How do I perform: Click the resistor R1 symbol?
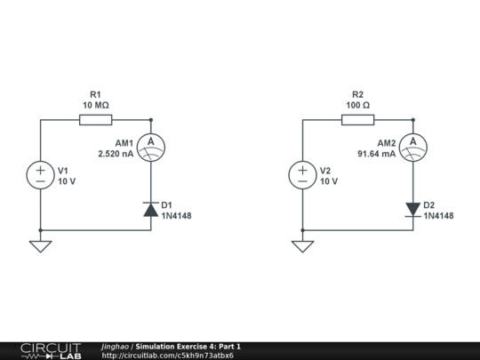(x=96, y=119)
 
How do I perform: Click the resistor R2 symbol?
(x=357, y=119)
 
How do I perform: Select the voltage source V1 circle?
(x=41, y=175)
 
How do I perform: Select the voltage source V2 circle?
(x=303, y=175)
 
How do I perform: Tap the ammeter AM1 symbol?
(x=151, y=143)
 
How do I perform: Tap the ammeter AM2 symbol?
(x=412, y=143)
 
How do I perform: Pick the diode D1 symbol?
(x=151, y=210)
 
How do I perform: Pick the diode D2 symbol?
(x=412, y=210)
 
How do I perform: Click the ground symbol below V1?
(x=41, y=245)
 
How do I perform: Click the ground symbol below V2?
(x=303, y=245)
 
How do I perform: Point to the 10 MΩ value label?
(x=96, y=105)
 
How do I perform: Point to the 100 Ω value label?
(x=357, y=105)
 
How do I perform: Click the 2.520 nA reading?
(x=116, y=154)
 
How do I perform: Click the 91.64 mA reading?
(x=377, y=154)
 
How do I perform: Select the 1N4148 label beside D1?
(x=176, y=216)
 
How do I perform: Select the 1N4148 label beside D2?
(x=438, y=216)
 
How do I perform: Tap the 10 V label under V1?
(x=68, y=180)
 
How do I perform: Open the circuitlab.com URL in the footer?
(x=168, y=356)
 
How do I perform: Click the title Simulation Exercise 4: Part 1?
(x=188, y=346)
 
